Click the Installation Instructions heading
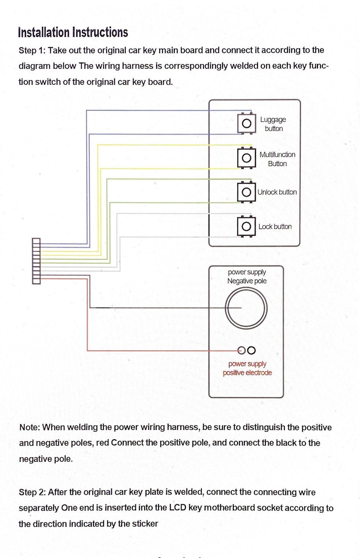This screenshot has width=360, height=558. pyautogui.click(x=73, y=32)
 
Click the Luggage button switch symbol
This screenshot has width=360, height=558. pyautogui.click(x=247, y=123)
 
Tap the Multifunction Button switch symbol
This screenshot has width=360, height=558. pyautogui.click(x=247, y=158)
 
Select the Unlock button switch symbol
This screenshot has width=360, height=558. pyautogui.click(x=247, y=192)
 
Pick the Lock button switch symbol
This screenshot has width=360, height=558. pyautogui.click(x=247, y=227)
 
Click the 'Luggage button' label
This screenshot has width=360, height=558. pyautogui.click(x=273, y=124)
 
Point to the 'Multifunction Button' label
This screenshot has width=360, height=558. pyautogui.click(x=277, y=159)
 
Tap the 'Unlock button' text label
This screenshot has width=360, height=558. pyautogui.click(x=277, y=192)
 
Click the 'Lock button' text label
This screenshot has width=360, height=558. pyautogui.click(x=275, y=227)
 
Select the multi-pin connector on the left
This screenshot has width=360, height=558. pyautogui.click(x=36, y=261)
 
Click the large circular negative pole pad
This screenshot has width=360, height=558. pyautogui.click(x=246, y=308)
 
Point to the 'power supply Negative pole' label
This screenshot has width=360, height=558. pyautogui.click(x=247, y=276)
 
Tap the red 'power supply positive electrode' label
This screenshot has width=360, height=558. pyautogui.click(x=247, y=368)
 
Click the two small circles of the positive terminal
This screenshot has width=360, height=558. pyautogui.click(x=247, y=350)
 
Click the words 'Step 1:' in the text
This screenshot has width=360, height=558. pyautogui.click(x=32, y=50)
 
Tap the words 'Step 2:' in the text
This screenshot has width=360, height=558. pyautogui.click(x=32, y=492)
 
